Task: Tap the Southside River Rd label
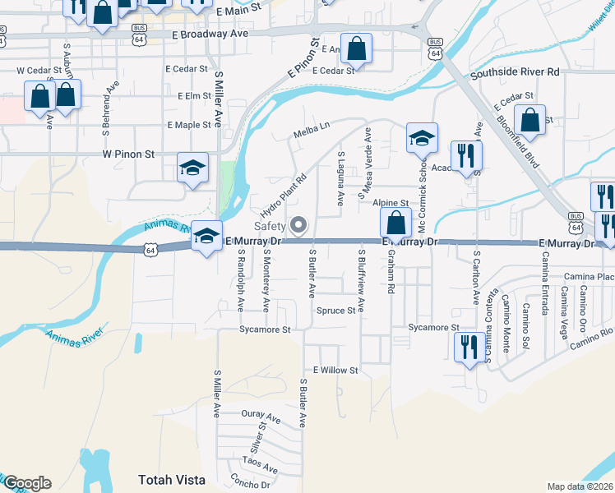click(x=515, y=72)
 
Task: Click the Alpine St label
click(x=391, y=202)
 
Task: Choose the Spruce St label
click(x=335, y=311)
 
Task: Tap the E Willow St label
click(x=331, y=371)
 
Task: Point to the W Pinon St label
click(x=128, y=154)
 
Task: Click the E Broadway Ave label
click(x=210, y=36)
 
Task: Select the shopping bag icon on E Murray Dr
click(x=395, y=223)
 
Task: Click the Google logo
click(x=27, y=483)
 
